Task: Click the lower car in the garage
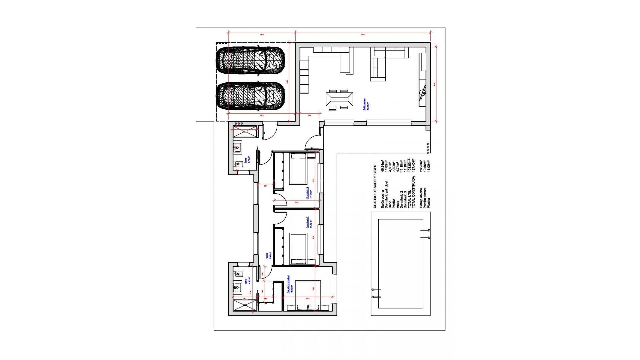point(250,96)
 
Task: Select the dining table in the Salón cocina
point(339,100)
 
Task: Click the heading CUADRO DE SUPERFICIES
point(375,186)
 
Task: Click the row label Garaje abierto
point(421,198)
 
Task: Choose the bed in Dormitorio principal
point(308,295)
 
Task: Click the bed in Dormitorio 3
point(298,168)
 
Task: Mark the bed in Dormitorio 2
point(298,248)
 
